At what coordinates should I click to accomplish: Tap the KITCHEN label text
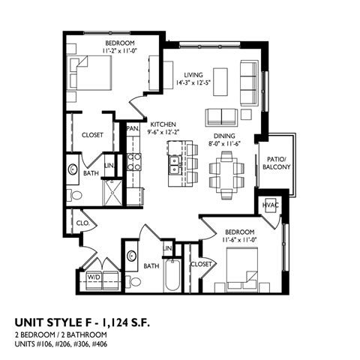[x=162, y=124]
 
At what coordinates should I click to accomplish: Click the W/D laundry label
[x=96, y=277]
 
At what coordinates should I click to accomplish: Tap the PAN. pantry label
[x=133, y=129]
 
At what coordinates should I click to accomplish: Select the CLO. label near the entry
[x=82, y=222]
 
